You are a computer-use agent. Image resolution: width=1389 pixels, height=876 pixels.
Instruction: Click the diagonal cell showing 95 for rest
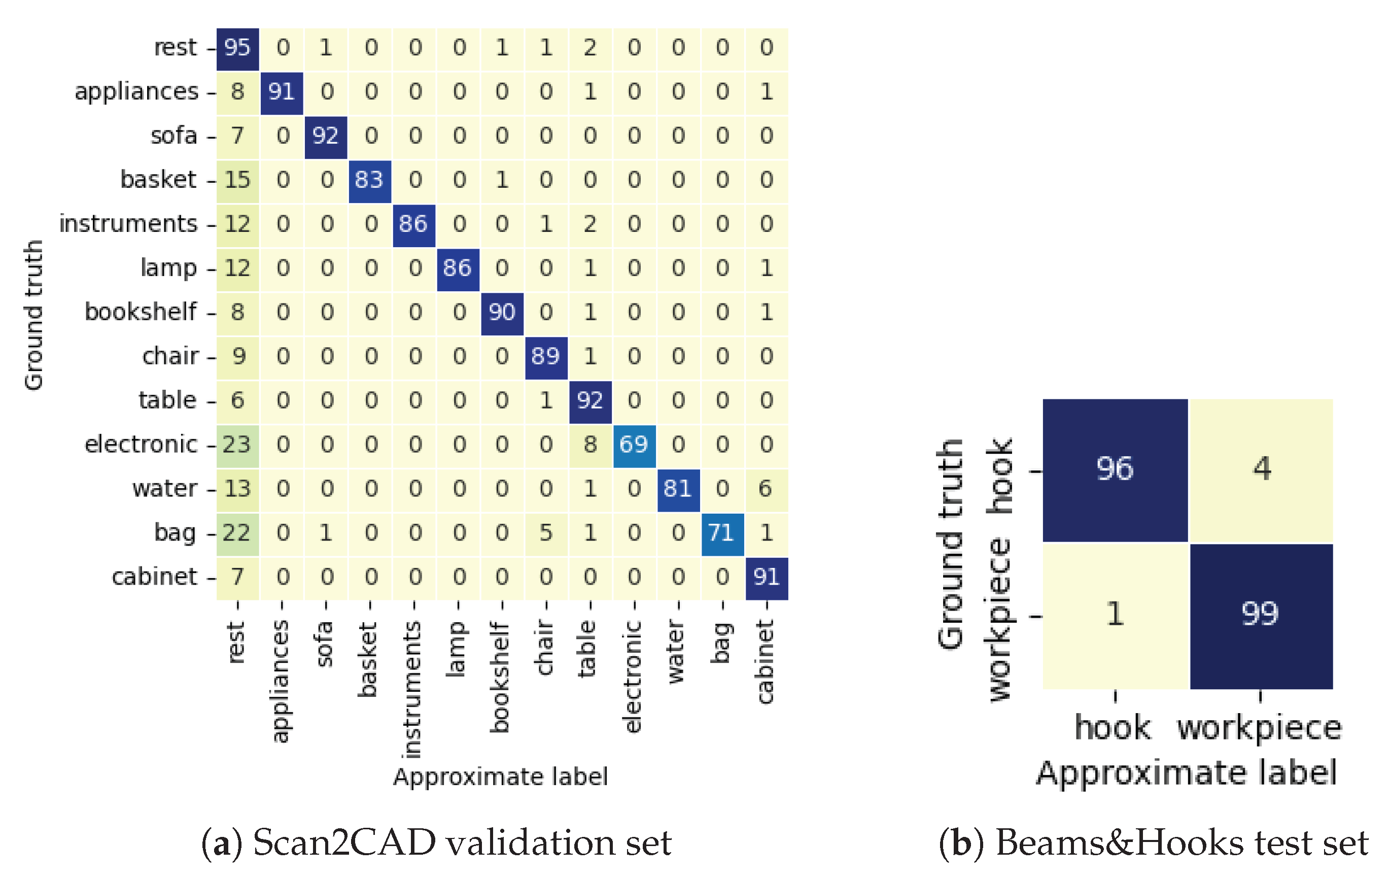click(237, 48)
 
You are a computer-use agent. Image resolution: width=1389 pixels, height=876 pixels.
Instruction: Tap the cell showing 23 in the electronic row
click(237, 445)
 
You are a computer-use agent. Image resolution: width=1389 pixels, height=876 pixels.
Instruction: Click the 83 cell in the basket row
click(369, 180)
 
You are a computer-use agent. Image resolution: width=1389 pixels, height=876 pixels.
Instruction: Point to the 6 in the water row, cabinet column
click(766, 489)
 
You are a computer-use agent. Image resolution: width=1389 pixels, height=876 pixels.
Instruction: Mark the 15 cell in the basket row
click(237, 180)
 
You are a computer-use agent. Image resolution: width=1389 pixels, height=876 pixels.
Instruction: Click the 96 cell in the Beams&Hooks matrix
click(1115, 469)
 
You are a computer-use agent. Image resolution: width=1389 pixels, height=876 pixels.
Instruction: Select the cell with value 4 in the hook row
click(1261, 469)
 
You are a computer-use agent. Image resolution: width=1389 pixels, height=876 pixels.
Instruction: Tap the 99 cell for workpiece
click(1261, 615)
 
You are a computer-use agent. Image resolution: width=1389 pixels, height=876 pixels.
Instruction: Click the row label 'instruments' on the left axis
click(128, 224)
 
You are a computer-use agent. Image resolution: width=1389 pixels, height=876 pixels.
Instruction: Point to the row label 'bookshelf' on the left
click(141, 312)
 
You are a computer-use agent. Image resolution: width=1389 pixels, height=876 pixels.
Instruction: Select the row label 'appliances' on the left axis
click(136, 92)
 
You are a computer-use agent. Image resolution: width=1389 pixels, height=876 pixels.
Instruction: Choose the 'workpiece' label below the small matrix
click(1260, 728)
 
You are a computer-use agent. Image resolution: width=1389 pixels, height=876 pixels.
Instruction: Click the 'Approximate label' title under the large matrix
click(500, 777)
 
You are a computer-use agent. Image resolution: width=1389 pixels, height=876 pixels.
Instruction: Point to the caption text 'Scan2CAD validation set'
click(462, 843)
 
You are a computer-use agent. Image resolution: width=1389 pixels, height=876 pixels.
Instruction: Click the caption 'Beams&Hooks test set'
click(1182, 843)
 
